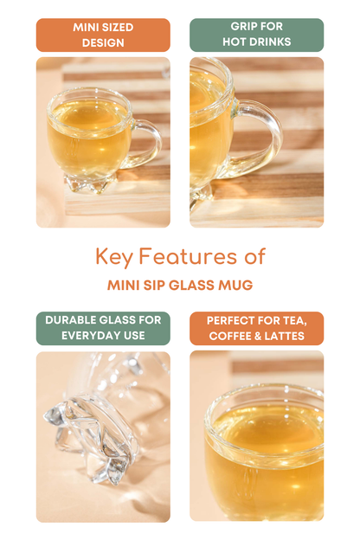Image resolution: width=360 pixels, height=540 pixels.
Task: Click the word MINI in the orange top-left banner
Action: [x=83, y=27]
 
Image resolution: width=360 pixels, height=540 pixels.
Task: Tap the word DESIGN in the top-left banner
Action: [x=103, y=42]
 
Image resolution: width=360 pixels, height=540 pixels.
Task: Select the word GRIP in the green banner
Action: [x=242, y=26]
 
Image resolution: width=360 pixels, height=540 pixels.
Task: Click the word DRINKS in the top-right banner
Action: [x=271, y=42]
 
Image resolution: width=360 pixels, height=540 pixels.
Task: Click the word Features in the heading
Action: [x=188, y=256]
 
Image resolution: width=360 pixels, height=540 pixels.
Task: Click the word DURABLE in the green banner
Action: [x=66, y=320]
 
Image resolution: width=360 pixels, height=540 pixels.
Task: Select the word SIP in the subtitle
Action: [x=154, y=286]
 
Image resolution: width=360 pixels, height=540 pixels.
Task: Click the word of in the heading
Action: [x=254, y=256]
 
